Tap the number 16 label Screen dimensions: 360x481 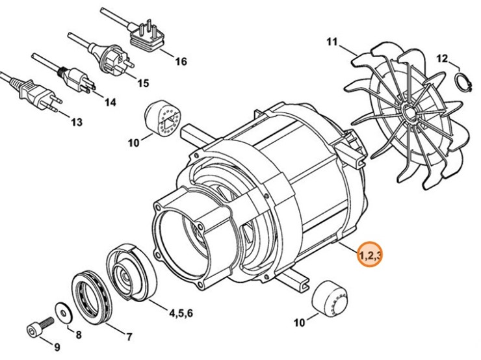click(180, 62)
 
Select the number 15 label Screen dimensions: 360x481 click(142, 83)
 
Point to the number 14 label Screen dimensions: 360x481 click(109, 102)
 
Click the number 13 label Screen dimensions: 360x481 click(76, 122)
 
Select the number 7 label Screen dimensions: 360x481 click(128, 337)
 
